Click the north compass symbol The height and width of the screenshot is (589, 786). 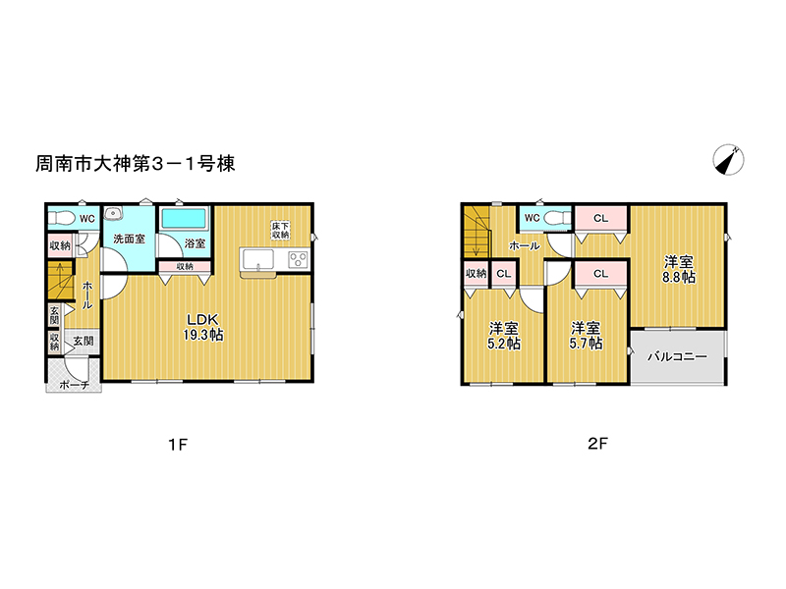click(x=728, y=160)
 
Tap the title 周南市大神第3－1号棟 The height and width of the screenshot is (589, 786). click(x=135, y=164)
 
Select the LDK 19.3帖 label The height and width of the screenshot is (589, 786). click(x=203, y=327)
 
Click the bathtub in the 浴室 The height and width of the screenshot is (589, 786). click(x=184, y=219)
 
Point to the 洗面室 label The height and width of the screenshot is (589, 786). click(x=129, y=239)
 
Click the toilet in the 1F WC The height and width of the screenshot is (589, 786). click(x=62, y=218)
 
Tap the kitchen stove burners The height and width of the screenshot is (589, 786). click(x=299, y=260)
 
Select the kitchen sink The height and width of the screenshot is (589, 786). click(x=258, y=260)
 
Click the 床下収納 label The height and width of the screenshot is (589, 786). click(x=281, y=230)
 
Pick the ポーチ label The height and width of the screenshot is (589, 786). click(x=75, y=385)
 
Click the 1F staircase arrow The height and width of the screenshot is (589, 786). click(x=61, y=282)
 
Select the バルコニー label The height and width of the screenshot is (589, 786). click(x=677, y=356)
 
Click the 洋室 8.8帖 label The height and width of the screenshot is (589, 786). click(x=679, y=269)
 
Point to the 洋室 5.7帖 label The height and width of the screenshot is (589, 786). click(x=586, y=336)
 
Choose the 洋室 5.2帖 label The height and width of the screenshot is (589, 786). click(x=504, y=336)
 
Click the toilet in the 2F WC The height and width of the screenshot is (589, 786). click(x=556, y=218)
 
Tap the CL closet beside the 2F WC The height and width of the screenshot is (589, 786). click(x=600, y=218)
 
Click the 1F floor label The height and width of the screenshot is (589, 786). click(x=178, y=445)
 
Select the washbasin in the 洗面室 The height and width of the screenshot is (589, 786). click(x=113, y=213)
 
